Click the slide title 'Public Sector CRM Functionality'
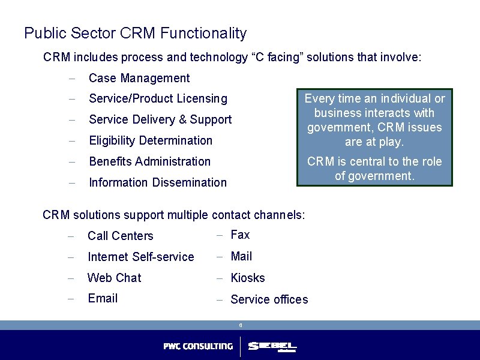coord(135,33)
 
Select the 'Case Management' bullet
coord(139,78)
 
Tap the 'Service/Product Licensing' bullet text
coord(158,98)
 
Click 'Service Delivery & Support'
coord(160,119)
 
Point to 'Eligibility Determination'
coord(150,140)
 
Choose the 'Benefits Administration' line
coord(149,161)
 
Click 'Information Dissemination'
coord(157,182)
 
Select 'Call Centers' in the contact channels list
coord(120,236)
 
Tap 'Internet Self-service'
coord(140,257)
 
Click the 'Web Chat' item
coord(114,278)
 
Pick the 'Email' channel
coord(102,298)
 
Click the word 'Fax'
coord(240,235)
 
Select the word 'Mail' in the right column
coord(241,256)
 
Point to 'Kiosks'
coord(247,278)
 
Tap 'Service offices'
coord(269,299)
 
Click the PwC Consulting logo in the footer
coord(198,346)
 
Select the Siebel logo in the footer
coord(272,347)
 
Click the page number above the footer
coord(240,325)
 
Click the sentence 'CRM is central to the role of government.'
coord(374,169)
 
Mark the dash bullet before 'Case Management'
coord(71,79)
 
